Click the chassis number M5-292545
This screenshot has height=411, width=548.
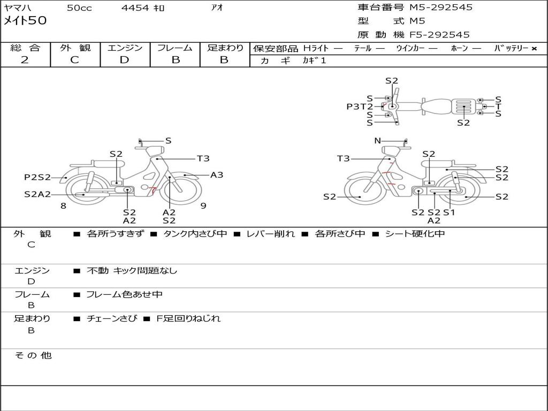point(441,7)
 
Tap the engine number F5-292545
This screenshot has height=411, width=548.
point(440,35)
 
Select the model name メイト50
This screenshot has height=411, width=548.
point(25,21)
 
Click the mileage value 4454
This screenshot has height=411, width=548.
point(135,7)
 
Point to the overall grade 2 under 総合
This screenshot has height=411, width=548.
point(25,60)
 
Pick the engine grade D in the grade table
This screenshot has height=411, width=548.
point(124,60)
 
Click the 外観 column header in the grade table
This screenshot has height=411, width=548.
point(75,48)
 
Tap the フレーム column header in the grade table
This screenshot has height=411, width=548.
point(175,48)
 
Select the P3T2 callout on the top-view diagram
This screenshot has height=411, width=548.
point(360,106)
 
